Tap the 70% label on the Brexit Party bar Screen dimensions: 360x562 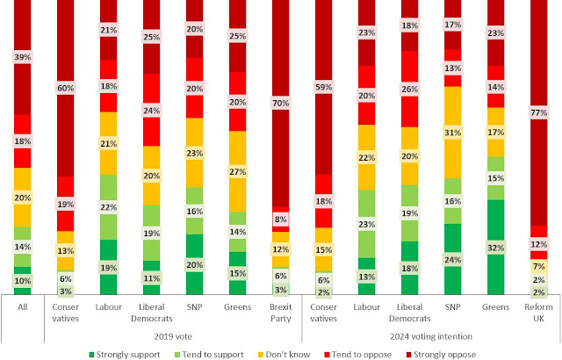click(281, 102)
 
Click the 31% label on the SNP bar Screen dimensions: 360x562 click(452, 132)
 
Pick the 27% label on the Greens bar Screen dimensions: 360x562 click(238, 170)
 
